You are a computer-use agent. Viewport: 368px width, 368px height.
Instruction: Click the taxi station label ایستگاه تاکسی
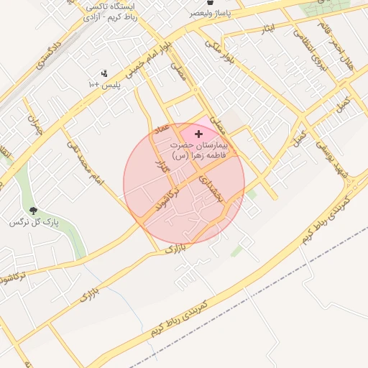[113, 6]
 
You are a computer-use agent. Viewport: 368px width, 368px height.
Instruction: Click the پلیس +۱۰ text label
[104, 85]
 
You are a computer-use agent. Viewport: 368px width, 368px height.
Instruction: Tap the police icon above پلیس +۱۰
[104, 73]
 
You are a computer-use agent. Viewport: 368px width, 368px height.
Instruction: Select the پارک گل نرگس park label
[34, 223]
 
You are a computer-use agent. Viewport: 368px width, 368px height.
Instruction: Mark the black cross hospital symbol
[199, 134]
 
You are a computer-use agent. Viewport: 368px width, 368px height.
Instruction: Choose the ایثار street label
[268, 29]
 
